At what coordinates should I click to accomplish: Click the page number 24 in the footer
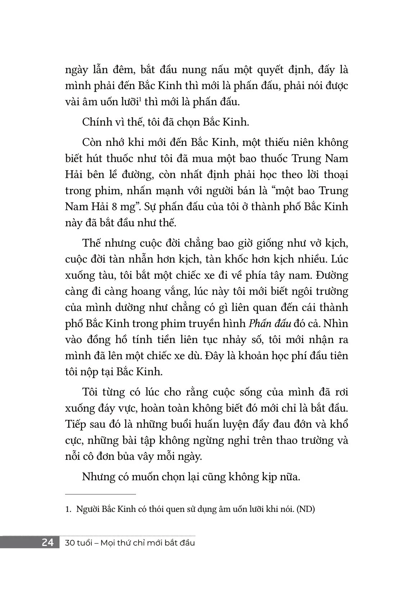tap(48, 542)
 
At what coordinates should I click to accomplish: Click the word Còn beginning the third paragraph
tap(93, 142)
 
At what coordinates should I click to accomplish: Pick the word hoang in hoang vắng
tap(151, 291)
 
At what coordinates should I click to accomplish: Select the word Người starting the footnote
tap(87, 509)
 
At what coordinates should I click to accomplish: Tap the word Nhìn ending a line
tap(337, 324)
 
